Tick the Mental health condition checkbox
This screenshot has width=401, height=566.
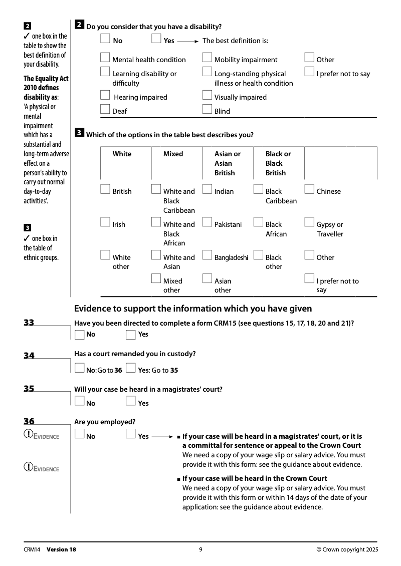click(105, 58)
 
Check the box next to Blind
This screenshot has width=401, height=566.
click(207, 110)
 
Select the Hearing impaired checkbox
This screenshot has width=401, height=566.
click(105, 95)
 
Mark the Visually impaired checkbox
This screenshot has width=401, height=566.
click(207, 95)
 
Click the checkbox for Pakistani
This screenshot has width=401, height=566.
click(207, 222)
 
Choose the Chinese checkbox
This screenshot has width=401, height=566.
click(309, 189)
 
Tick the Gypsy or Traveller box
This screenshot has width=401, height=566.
click(309, 222)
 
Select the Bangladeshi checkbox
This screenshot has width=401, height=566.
click(207, 255)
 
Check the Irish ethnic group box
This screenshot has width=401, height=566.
click(105, 222)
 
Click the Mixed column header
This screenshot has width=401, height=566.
click(173, 154)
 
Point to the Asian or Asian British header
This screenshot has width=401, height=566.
click(227, 163)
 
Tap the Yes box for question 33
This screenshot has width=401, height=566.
click(131, 335)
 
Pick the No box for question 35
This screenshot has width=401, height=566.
click(79, 401)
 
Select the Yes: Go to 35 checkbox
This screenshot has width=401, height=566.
click(131, 369)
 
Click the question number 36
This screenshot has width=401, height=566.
click(29, 422)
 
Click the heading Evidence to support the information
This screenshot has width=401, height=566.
click(193, 309)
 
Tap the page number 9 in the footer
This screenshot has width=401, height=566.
click(200, 549)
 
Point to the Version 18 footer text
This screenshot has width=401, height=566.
click(61, 549)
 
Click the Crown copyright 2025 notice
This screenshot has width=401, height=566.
click(347, 549)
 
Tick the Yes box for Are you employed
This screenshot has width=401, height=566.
click(131, 434)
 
